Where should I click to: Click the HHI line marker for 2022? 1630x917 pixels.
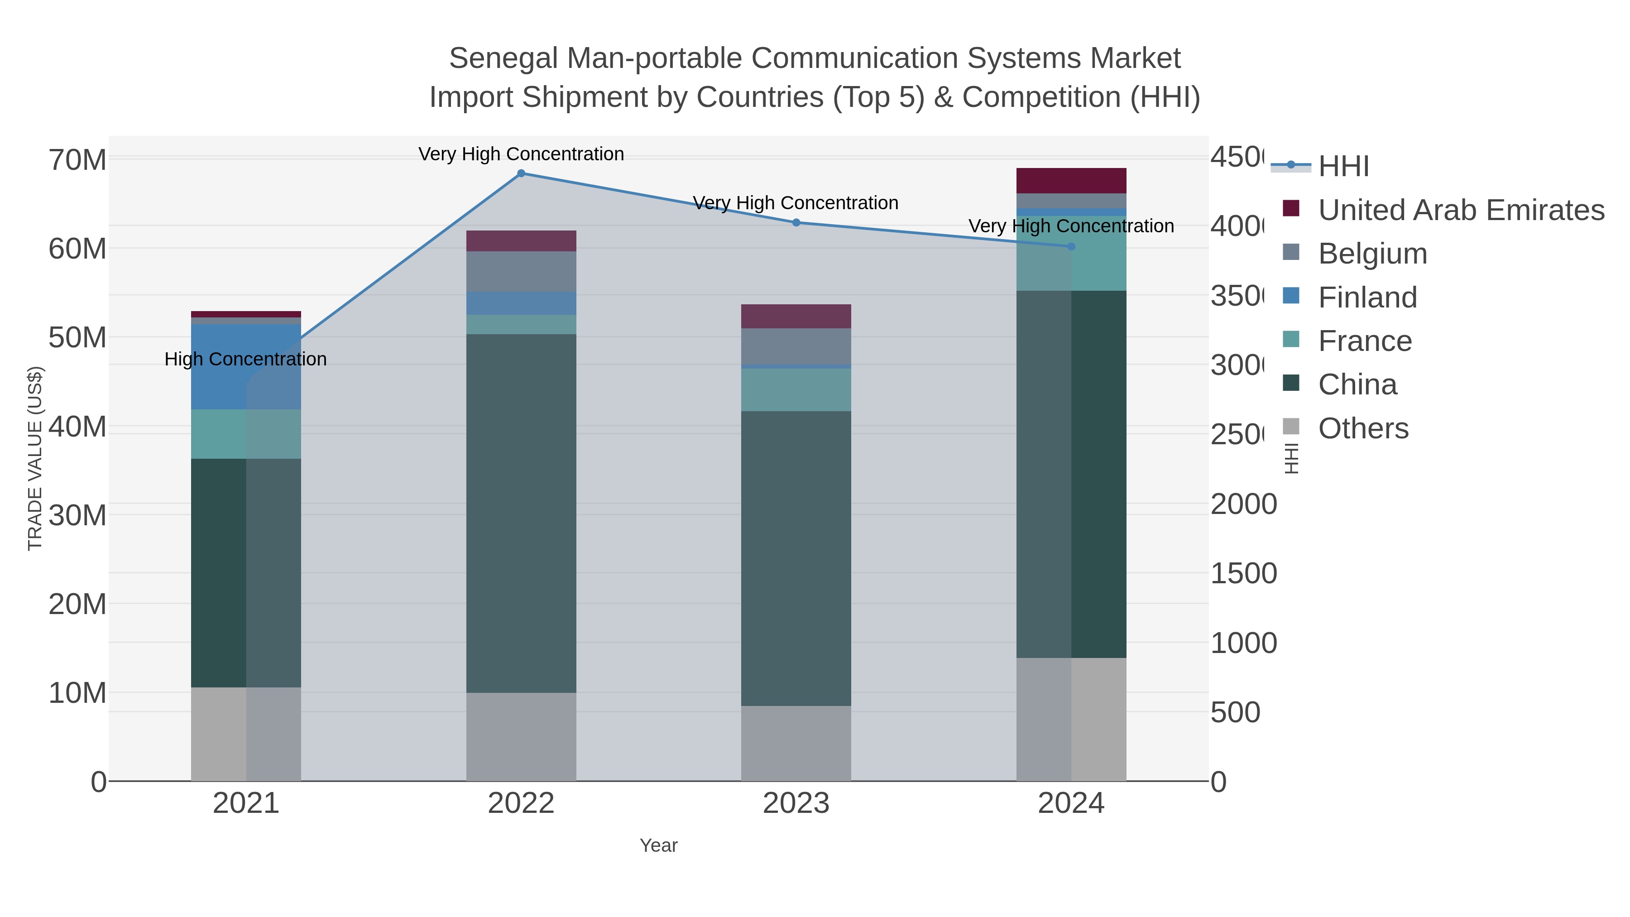click(x=521, y=173)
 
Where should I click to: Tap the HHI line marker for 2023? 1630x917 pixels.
click(x=796, y=222)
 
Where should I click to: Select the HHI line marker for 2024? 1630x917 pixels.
click(x=1071, y=246)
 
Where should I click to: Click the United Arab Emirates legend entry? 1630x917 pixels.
click(x=1460, y=210)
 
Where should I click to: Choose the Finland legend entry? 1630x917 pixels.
click(x=1367, y=298)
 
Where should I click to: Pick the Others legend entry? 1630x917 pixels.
click(x=1363, y=428)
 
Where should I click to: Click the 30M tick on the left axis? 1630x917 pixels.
click(x=77, y=515)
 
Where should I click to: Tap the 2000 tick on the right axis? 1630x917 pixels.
click(x=1243, y=504)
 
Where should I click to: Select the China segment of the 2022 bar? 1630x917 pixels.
click(x=521, y=513)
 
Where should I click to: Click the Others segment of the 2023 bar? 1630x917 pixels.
click(x=796, y=743)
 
